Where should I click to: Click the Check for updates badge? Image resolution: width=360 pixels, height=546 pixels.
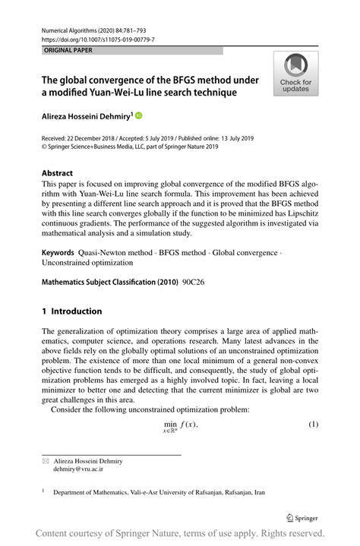pyautogui.click(x=295, y=74)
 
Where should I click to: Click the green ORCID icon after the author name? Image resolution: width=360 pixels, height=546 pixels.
pyautogui.click(x=139, y=115)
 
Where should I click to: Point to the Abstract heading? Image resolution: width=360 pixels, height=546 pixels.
pyautogui.click(x=57, y=172)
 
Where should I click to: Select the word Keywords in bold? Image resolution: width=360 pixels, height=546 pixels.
pyautogui.click(x=58, y=251)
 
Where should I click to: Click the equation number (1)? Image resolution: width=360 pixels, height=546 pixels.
pyautogui.click(x=313, y=423)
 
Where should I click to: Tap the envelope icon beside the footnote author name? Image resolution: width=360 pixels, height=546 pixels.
pyautogui.click(x=44, y=461)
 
